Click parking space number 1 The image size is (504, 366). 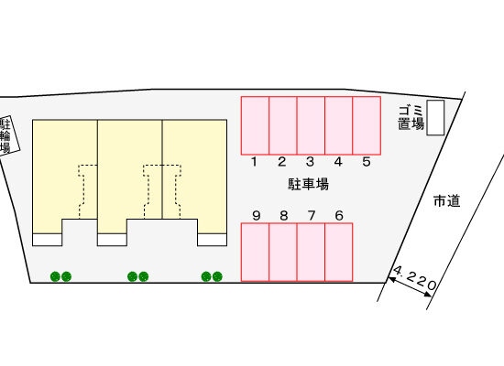tap(256, 125)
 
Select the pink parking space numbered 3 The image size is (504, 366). tap(311, 125)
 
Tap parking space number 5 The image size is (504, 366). tap(367, 125)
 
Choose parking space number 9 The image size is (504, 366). tap(256, 252)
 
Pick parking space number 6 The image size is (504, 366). tap(339, 252)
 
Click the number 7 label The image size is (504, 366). tap(312, 215)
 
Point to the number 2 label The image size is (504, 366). tap(282, 162)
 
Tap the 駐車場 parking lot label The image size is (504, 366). tap(308, 184)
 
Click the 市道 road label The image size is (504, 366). tap(447, 201)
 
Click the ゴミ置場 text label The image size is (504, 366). tap(411, 118)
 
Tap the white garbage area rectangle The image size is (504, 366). tap(435, 117)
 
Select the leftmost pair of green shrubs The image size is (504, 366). tap(60, 276)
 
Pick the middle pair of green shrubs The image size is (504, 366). tap(137, 276)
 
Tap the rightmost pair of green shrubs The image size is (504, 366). tap(212, 276)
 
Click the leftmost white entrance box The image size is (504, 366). tap(48, 240)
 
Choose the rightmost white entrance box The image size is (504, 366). tap(213, 240)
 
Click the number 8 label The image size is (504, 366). tap(283, 215)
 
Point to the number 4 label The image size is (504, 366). tap(338, 162)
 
